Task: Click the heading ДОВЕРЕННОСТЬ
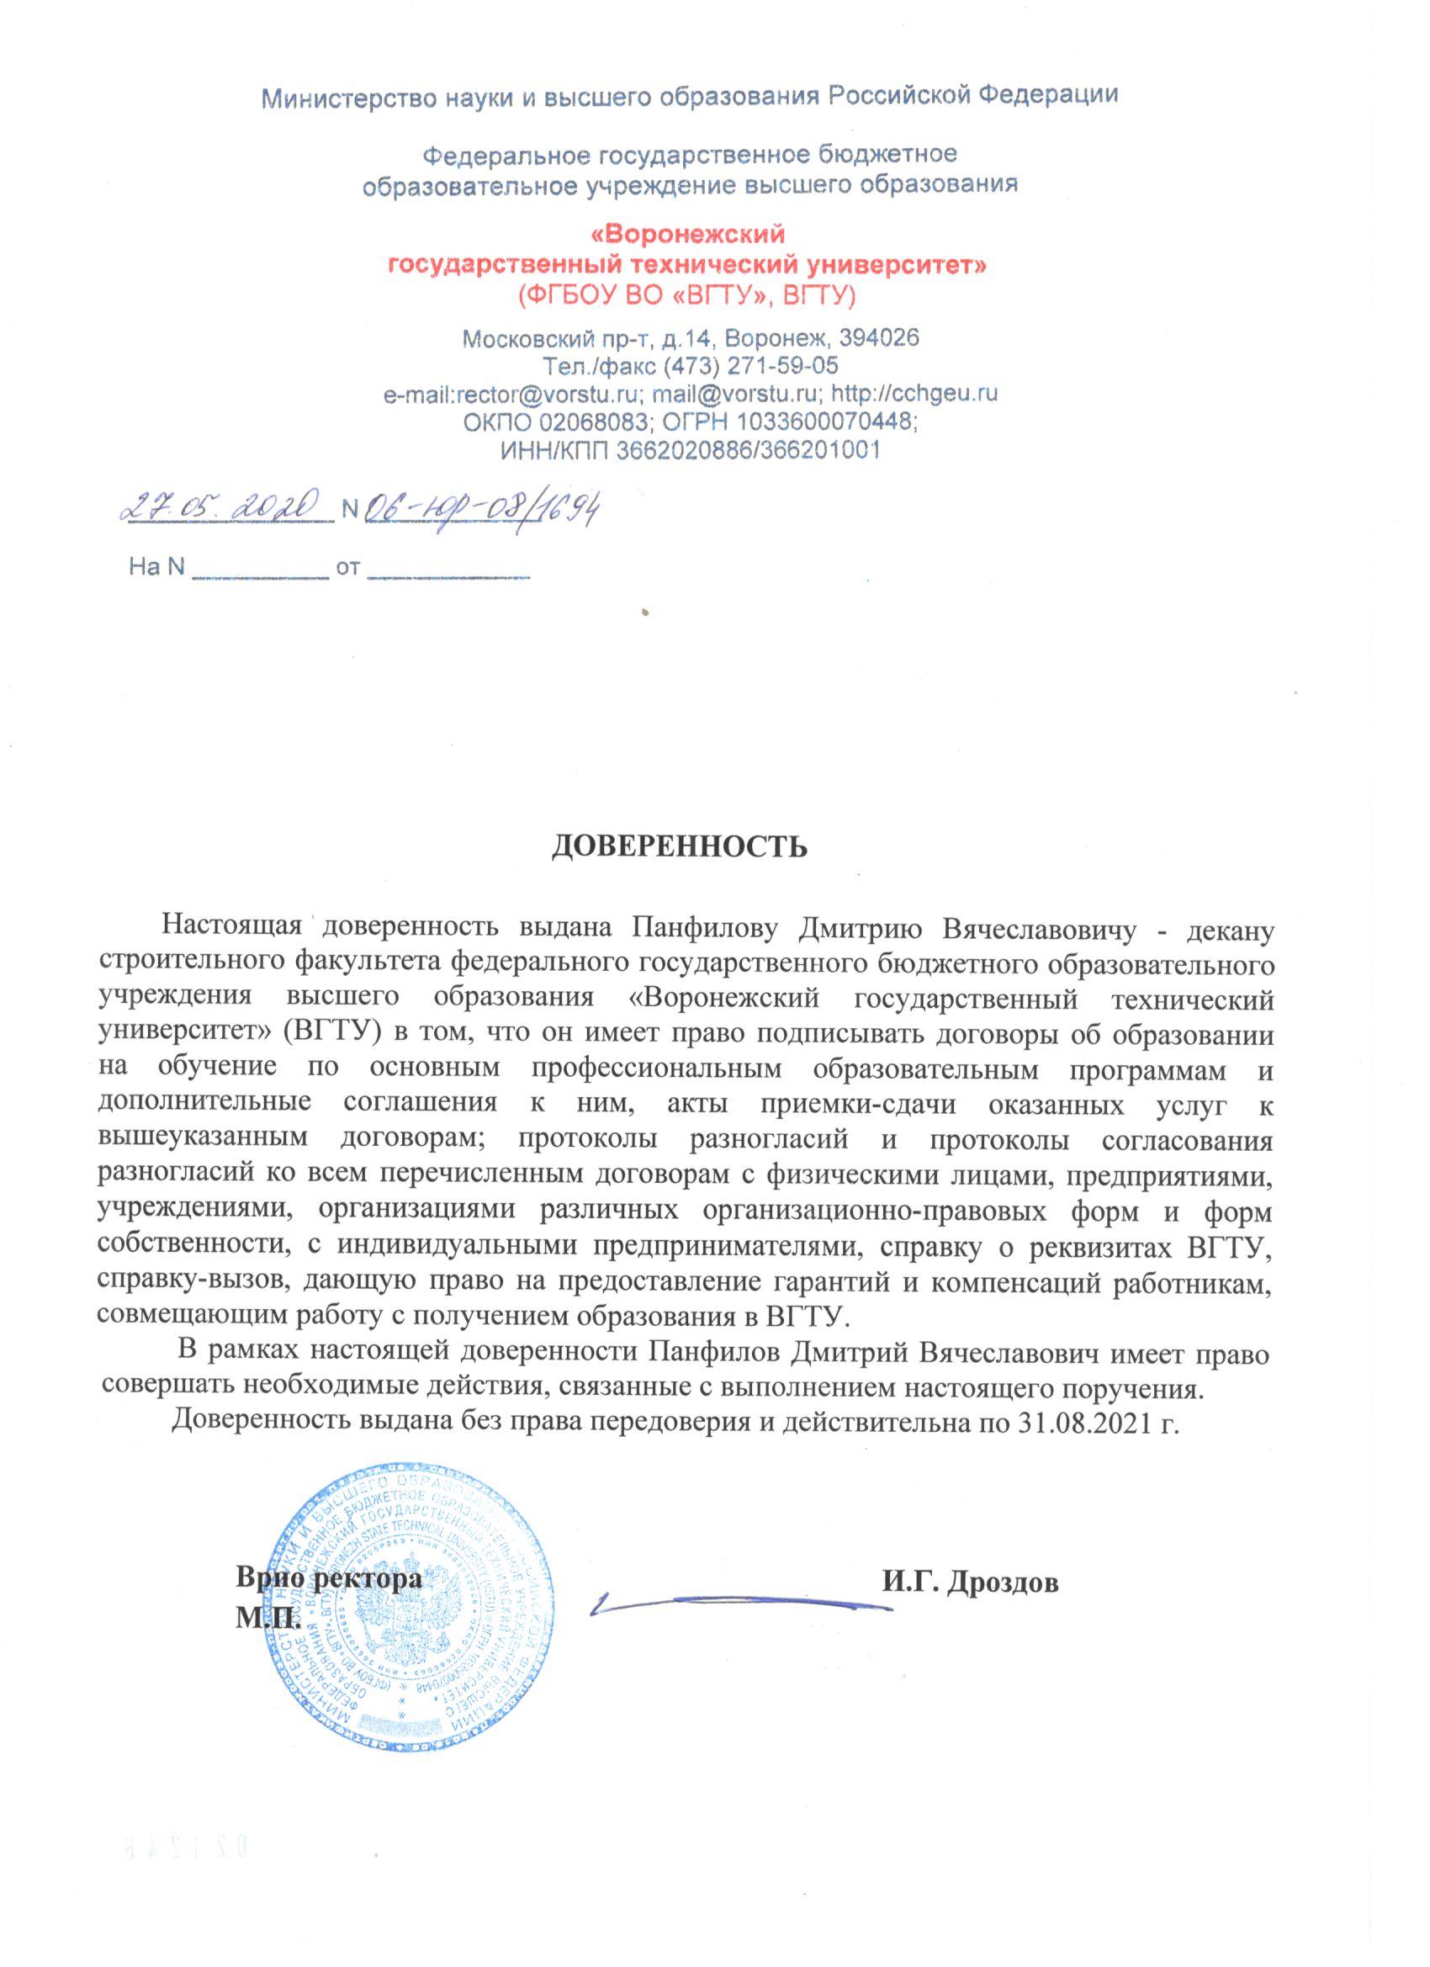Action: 679,846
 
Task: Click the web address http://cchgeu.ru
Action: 914,393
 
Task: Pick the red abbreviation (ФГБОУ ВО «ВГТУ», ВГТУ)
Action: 686,294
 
